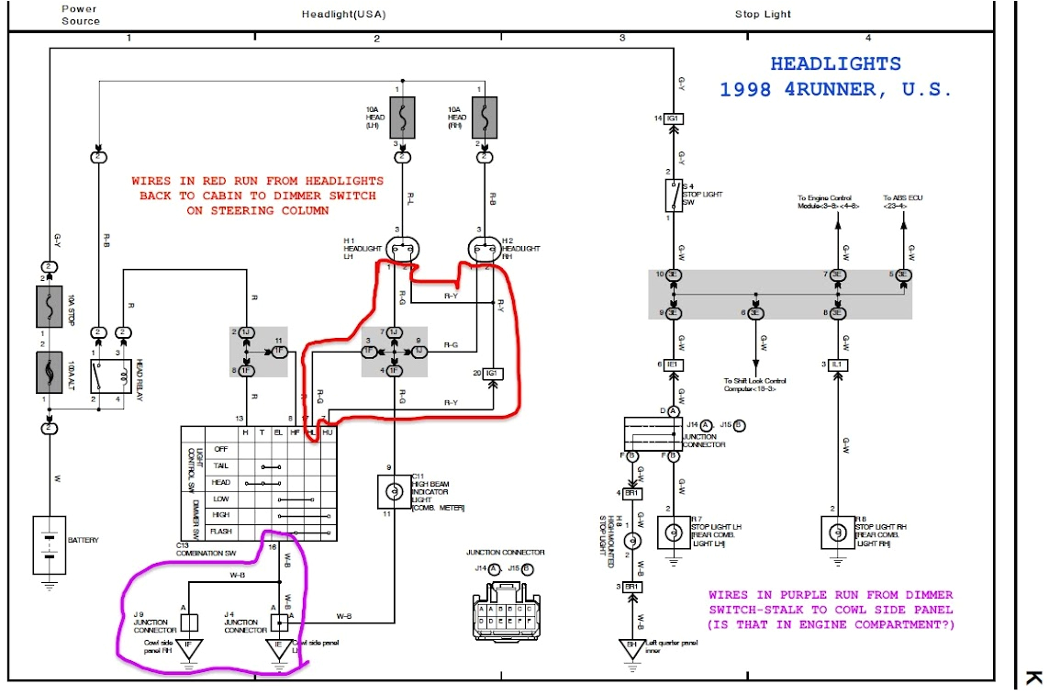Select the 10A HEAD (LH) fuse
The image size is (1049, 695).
[x=400, y=118]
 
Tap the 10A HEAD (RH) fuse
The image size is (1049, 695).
[x=484, y=118]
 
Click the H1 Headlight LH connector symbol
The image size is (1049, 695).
[x=400, y=249]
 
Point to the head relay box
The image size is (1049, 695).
[x=107, y=377]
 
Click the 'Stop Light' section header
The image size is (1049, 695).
[x=763, y=14]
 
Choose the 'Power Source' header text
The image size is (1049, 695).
[x=81, y=15]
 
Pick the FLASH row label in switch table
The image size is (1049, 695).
[x=220, y=532]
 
